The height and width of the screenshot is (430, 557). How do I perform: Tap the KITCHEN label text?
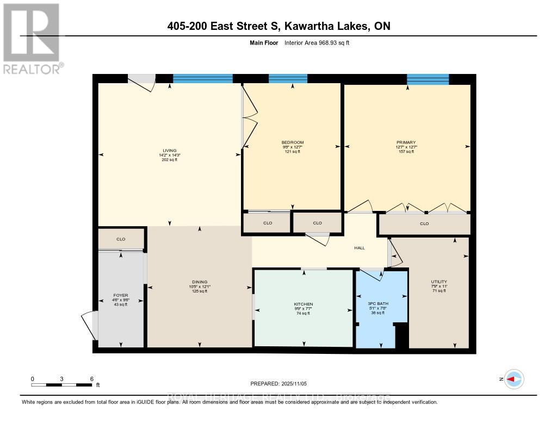click(x=304, y=304)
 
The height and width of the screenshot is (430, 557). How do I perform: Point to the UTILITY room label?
click(x=438, y=282)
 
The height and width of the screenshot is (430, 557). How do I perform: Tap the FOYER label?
click(x=120, y=295)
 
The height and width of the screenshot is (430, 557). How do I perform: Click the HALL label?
click(x=359, y=248)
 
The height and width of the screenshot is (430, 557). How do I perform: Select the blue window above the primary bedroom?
click(x=428, y=79)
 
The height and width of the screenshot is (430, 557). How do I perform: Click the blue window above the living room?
click(x=202, y=78)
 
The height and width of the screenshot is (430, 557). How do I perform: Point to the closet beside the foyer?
click(x=121, y=239)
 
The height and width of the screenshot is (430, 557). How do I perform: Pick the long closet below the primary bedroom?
click(x=424, y=223)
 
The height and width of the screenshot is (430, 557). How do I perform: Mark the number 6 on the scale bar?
click(x=91, y=379)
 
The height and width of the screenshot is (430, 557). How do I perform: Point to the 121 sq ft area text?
click(x=293, y=152)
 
